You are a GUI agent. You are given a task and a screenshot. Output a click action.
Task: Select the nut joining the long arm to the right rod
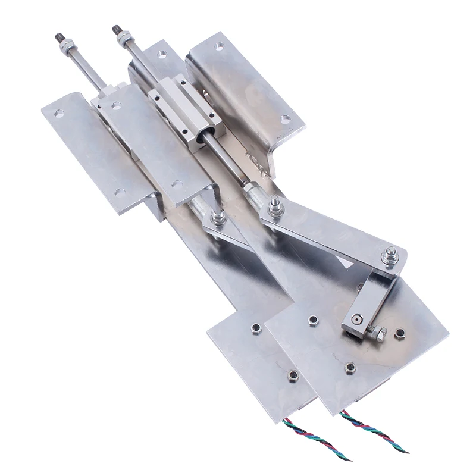276,208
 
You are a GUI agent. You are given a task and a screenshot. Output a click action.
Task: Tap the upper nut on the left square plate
256,328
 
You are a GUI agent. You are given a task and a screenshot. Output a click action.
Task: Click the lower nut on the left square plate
292,375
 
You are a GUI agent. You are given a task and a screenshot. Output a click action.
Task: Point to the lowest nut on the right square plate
351,367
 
